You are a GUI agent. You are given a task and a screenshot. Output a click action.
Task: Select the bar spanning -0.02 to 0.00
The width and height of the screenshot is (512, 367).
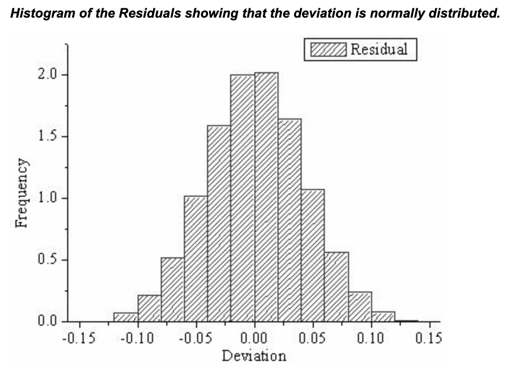(x=243, y=198)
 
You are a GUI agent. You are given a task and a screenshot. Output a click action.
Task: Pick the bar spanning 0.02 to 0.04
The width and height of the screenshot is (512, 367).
(x=290, y=220)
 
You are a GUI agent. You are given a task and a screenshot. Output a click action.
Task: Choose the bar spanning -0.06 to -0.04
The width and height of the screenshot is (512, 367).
(x=196, y=258)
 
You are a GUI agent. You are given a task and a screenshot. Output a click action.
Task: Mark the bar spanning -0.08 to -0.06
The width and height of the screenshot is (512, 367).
(x=173, y=289)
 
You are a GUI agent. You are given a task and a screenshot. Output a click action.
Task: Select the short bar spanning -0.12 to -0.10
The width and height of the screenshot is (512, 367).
(x=126, y=317)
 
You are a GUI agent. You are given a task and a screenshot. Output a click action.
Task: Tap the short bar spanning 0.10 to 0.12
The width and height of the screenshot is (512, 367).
(x=383, y=316)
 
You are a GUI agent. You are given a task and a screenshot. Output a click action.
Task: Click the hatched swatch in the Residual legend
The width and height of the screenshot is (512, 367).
(x=329, y=50)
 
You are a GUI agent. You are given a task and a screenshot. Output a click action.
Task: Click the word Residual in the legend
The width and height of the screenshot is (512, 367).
(x=379, y=49)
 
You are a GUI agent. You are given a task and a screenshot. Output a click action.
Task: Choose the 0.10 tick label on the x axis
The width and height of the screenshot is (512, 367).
(x=371, y=337)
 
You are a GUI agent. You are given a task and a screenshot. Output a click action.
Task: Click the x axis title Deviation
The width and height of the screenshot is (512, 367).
(x=254, y=355)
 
